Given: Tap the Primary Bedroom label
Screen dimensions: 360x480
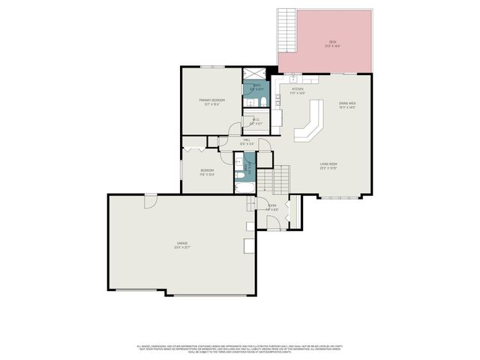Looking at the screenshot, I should click(212, 101).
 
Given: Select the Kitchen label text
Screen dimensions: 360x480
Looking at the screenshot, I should click(298, 91).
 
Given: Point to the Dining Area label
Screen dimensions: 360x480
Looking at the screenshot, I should click(346, 106).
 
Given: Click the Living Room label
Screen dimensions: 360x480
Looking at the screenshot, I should click(328, 166).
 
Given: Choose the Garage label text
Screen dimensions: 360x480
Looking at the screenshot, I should click(182, 244).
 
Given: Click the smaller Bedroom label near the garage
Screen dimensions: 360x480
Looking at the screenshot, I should click(208, 172).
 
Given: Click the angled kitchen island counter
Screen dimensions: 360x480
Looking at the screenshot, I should click(310, 124).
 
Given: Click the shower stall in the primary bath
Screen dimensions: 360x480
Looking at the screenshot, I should click(255, 75).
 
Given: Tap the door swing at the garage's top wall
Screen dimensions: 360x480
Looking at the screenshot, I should click(150, 201).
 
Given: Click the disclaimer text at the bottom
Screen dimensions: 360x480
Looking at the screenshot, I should click(240, 349).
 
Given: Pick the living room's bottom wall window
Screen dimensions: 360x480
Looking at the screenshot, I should click(341, 197).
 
